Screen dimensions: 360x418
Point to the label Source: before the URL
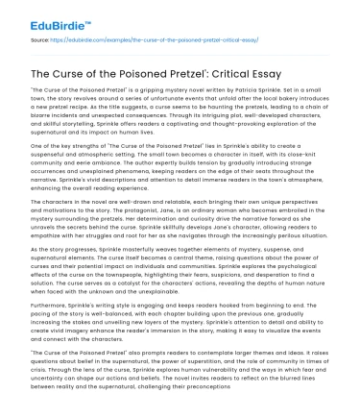(x=33, y=40)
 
